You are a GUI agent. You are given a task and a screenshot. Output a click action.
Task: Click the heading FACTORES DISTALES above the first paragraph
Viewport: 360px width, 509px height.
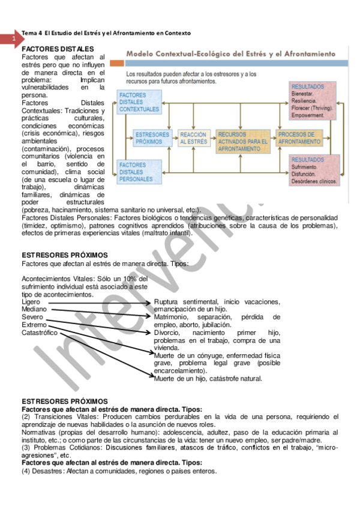[x=58, y=49]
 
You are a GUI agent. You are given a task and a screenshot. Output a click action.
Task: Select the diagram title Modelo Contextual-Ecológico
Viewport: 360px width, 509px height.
[x=198, y=53]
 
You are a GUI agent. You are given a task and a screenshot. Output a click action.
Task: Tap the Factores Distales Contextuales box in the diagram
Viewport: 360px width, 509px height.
[x=139, y=102]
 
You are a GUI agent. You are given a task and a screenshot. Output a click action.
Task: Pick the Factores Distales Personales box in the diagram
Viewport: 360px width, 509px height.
[x=139, y=172]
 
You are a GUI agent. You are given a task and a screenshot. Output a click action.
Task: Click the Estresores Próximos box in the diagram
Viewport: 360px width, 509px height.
[x=152, y=138]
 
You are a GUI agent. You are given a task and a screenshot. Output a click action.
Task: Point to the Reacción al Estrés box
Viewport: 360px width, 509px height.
[x=193, y=138]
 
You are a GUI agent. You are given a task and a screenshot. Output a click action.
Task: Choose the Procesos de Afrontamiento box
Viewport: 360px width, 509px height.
[x=300, y=138]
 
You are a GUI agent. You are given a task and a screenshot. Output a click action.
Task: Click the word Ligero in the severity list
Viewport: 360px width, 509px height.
[x=31, y=301]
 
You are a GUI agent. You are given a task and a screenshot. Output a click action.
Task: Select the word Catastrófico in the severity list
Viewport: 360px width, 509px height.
[x=40, y=332]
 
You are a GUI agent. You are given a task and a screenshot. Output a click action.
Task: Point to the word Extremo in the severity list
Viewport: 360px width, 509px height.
[x=34, y=324]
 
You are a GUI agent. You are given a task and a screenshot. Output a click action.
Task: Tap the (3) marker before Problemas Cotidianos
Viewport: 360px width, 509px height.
[x=26, y=448]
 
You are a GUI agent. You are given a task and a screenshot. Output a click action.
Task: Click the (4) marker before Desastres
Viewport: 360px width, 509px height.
[x=26, y=471]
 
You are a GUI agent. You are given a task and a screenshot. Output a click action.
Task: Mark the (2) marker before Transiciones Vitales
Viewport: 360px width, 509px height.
[x=26, y=417]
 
